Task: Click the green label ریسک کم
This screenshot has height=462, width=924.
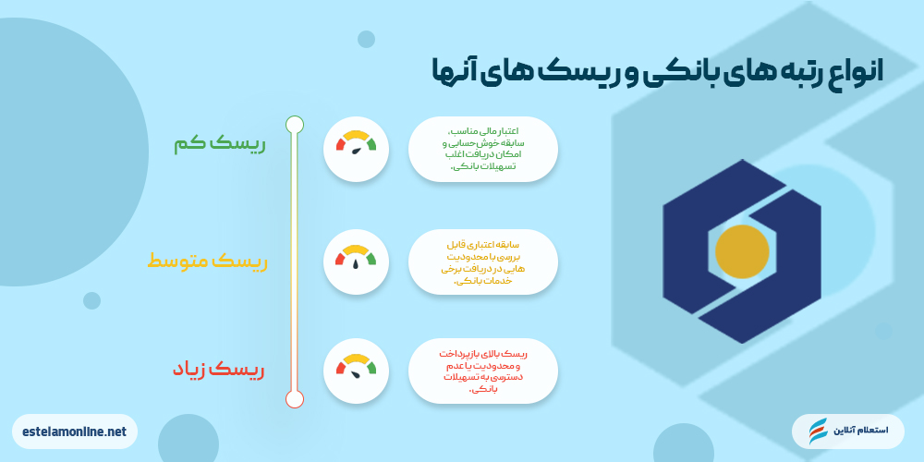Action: coord(219,145)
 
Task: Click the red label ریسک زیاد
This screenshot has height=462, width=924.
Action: coord(218,370)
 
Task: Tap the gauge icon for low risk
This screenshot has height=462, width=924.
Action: coord(356,148)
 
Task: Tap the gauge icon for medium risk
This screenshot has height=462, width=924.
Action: coord(356,261)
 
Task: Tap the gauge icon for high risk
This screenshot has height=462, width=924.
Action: coord(356,371)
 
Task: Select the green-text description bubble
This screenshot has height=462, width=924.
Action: coord(483,148)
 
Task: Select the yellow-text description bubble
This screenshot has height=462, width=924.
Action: coord(483,261)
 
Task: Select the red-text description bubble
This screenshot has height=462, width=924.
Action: coord(483,371)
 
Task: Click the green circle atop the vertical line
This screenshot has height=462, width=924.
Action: coord(295,124)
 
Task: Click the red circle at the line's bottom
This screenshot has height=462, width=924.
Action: coord(295,398)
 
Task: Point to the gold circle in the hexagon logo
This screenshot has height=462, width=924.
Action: coord(742,251)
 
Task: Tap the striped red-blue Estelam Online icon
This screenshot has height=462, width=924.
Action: coord(819,432)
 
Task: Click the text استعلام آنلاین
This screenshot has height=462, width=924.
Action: coord(861,432)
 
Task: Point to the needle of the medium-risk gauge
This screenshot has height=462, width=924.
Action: coord(356,264)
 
